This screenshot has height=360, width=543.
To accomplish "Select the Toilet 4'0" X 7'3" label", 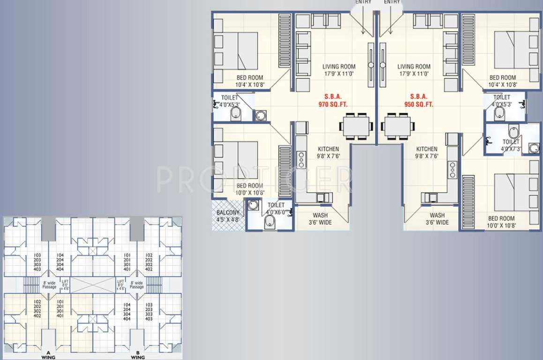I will click(x=511, y=145).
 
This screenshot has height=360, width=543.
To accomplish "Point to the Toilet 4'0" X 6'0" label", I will click(x=276, y=209).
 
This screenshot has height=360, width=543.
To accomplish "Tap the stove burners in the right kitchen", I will click(x=453, y=170).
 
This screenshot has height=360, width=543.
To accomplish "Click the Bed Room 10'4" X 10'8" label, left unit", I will click(x=249, y=81).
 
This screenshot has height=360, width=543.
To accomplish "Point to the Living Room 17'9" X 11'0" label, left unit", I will click(x=339, y=70).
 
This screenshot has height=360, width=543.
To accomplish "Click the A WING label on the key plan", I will click(x=48, y=355).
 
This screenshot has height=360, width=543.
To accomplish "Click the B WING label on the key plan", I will click(x=138, y=355).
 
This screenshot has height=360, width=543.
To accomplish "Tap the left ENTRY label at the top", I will click(x=363, y=2).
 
